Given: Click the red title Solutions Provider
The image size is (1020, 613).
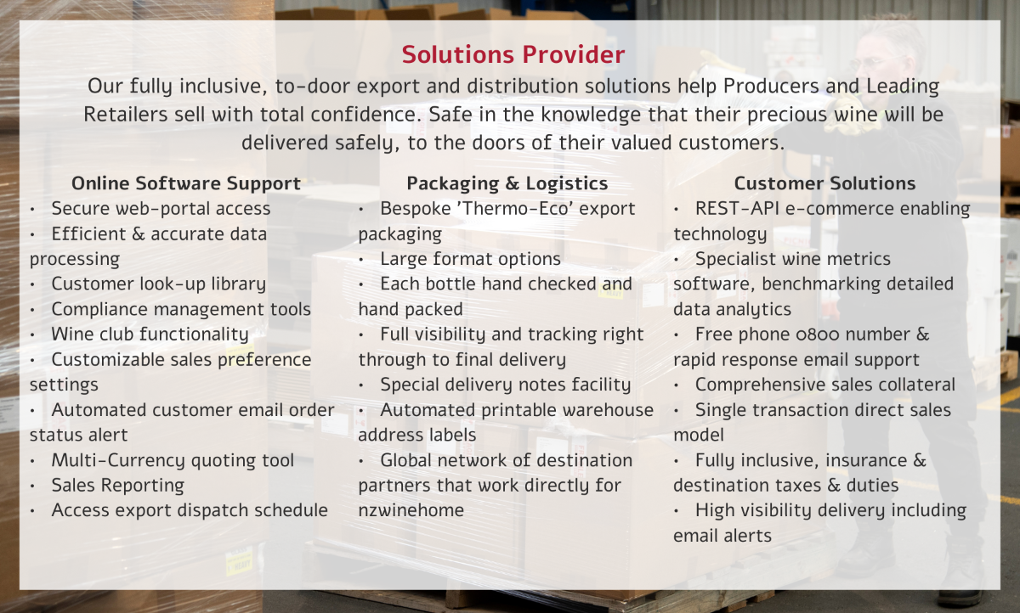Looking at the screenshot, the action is tap(513, 54).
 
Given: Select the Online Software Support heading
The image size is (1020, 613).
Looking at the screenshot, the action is tap(186, 183).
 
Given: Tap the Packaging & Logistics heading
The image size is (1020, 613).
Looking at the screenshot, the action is tap(507, 183).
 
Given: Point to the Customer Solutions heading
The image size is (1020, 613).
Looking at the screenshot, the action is tap(824, 183).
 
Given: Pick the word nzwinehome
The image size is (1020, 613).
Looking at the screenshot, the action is tap(411, 510).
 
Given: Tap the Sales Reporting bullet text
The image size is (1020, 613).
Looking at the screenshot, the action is tap(118, 485).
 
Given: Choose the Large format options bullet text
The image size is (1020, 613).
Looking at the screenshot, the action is tap(470, 259).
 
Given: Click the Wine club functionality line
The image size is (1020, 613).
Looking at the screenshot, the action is tap(150, 335).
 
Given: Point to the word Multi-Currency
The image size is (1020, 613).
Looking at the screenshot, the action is tap(118, 460).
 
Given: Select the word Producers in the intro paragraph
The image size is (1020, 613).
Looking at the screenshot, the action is tap(772, 86).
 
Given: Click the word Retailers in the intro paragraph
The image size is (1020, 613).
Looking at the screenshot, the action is tap(126, 114).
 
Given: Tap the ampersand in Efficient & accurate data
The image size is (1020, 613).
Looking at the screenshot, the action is tap(139, 234).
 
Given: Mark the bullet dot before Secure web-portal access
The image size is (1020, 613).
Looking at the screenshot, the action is tap(33, 210).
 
